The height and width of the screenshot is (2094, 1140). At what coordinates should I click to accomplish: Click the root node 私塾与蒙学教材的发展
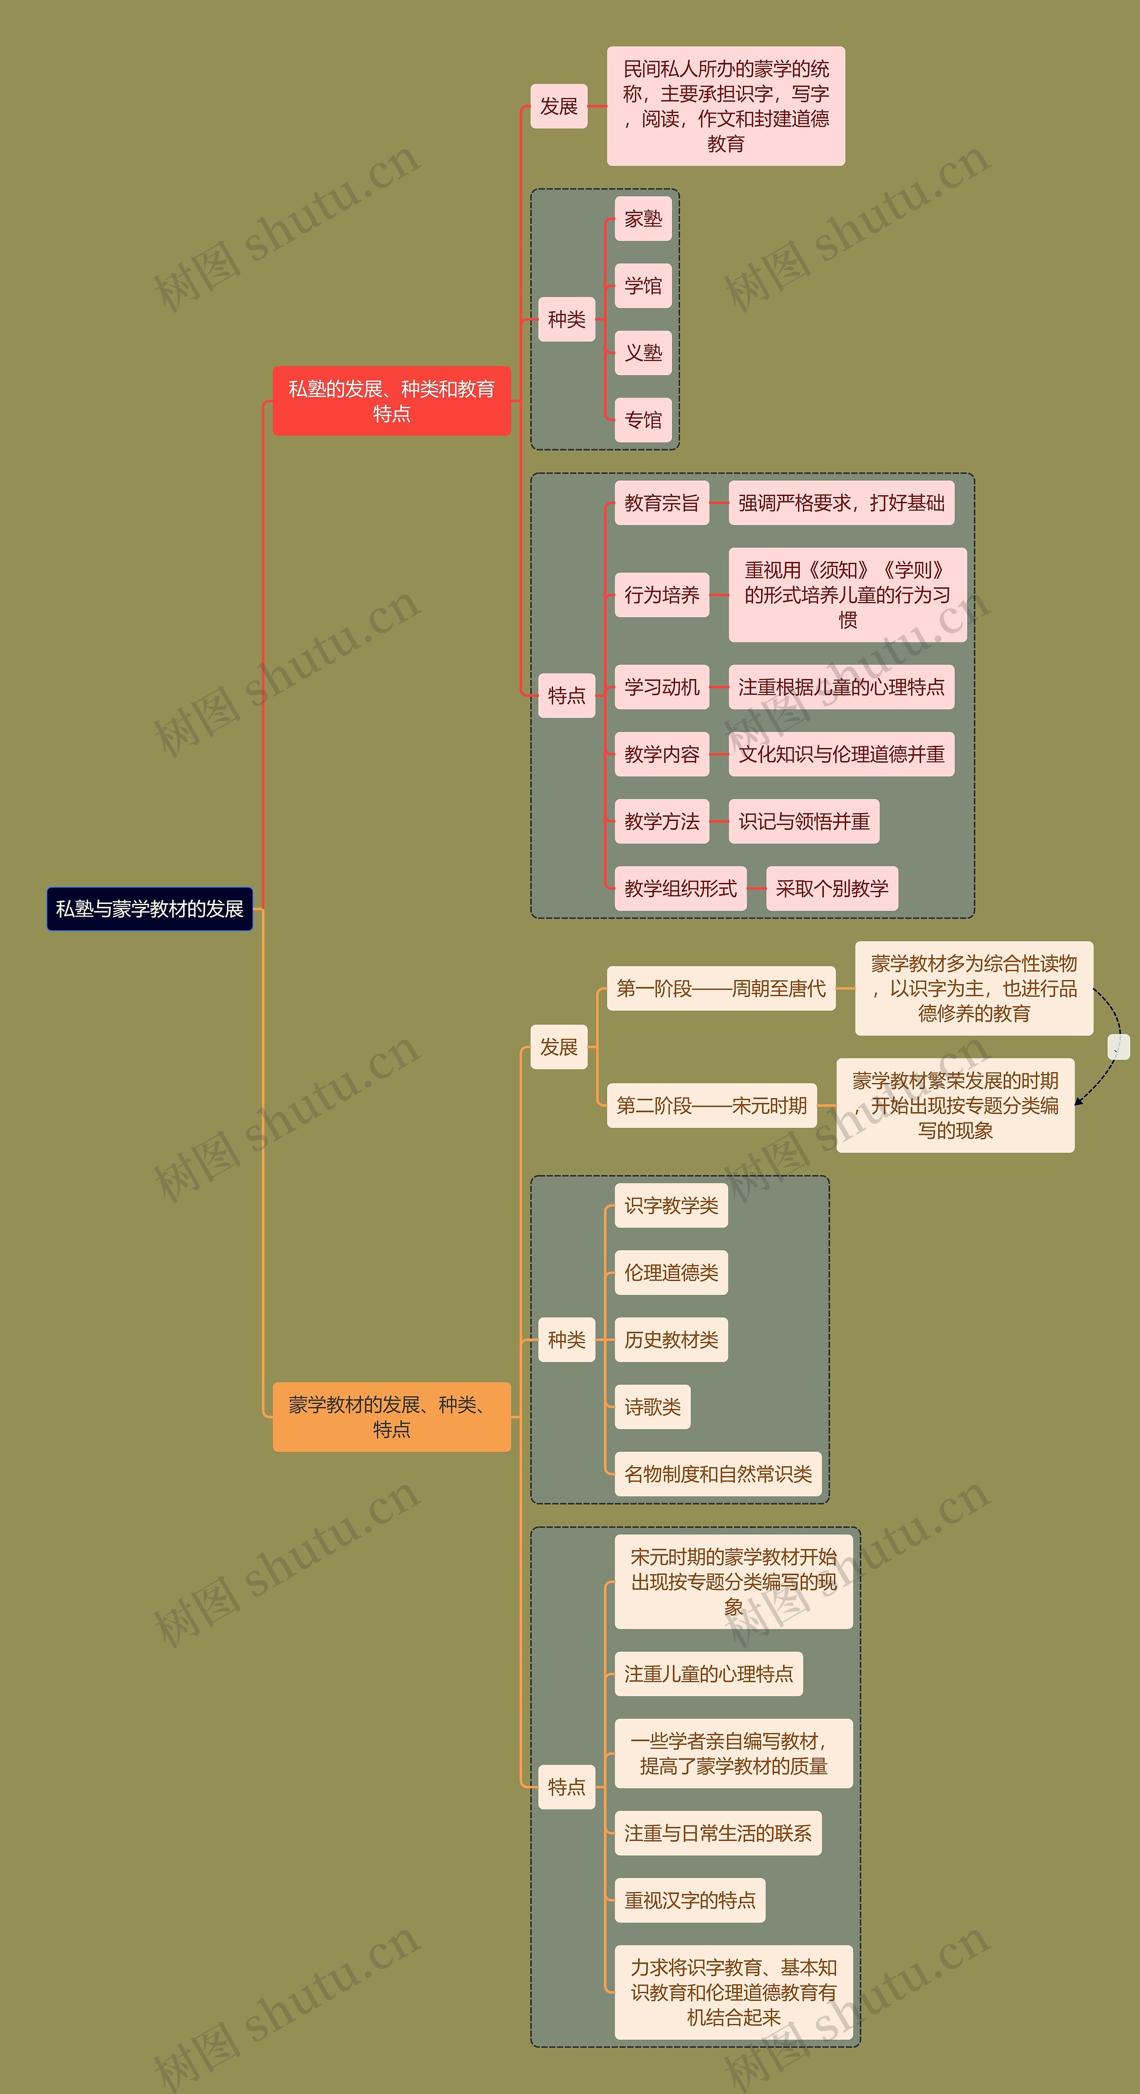point(150,909)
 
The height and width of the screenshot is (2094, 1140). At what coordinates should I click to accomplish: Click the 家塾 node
point(643,219)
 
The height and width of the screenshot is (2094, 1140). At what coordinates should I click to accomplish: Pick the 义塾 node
point(643,353)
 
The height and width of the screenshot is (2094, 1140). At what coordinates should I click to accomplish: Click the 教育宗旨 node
point(662,503)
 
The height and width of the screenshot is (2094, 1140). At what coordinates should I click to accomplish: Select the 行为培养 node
point(662,595)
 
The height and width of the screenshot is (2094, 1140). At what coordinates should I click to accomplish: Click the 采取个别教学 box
point(832,888)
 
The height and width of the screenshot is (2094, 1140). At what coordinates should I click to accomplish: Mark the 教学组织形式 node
point(680,888)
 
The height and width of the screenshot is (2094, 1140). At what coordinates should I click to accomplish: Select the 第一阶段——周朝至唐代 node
point(721,988)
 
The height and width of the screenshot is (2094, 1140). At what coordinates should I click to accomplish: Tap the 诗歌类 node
point(652,1407)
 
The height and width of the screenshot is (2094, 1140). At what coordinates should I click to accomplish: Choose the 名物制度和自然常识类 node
point(718,1474)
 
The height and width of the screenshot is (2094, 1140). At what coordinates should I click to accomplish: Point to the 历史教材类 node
point(671,1340)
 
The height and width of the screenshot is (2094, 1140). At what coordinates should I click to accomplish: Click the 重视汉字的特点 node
point(689,1900)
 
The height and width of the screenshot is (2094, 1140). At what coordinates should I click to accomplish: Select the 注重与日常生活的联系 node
point(718,1833)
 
